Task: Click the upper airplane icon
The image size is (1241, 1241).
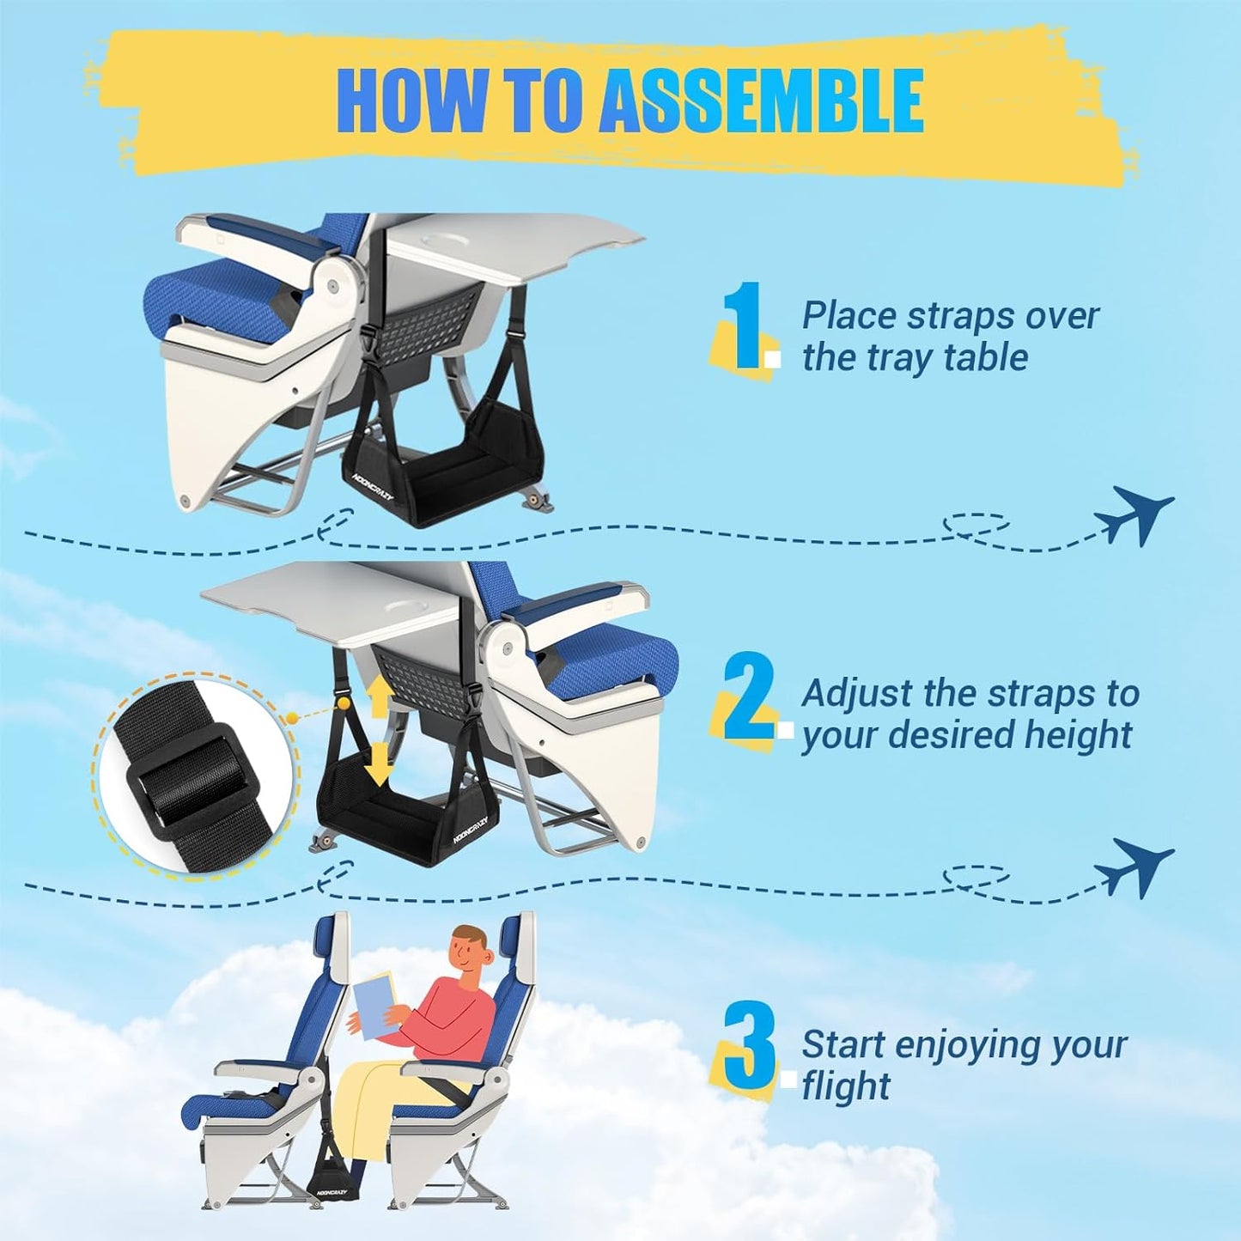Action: [x=1133, y=514]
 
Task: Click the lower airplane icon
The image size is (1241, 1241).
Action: [x=1133, y=867]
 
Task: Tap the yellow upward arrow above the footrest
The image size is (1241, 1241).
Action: [x=378, y=694]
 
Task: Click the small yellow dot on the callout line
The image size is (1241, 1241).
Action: [x=292, y=715]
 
